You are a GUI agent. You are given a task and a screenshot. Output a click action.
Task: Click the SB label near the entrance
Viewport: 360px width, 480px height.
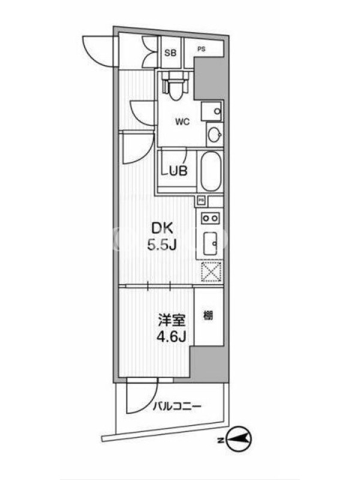(170, 53)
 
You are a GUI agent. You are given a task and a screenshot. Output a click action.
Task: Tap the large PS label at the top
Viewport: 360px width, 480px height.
(201, 49)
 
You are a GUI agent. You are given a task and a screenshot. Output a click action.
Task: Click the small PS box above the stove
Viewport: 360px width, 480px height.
(201, 200)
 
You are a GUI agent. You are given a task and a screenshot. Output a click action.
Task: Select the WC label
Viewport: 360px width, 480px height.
(182, 122)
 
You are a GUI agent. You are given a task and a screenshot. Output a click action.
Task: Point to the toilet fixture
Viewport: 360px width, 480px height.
(175, 85)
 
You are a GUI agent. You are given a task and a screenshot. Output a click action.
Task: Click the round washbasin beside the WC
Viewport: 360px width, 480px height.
(215, 134)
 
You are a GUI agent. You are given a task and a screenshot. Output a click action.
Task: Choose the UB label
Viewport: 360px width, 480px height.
(178, 171)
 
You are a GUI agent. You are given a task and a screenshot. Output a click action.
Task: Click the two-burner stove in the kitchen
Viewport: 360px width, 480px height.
(211, 218)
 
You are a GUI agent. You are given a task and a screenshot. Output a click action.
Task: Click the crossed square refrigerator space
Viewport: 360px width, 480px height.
(211, 272)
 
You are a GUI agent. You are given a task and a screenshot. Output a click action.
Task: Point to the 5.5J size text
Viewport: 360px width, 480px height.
(162, 245)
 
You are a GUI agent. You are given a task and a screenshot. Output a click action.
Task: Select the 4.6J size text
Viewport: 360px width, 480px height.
(172, 337)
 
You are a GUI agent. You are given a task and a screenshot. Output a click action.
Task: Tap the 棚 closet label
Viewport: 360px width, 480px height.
(208, 316)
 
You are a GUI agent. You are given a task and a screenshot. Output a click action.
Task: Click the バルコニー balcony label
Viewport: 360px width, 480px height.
(178, 407)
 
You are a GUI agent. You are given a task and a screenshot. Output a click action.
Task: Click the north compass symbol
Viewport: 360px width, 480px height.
(239, 440)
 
